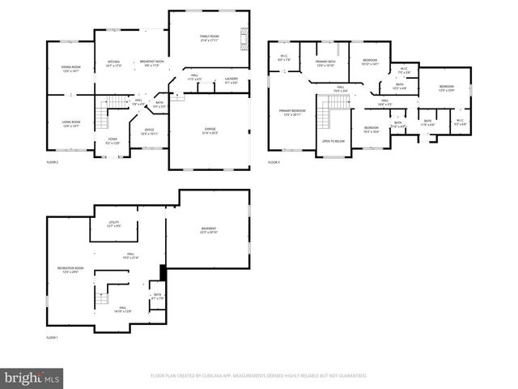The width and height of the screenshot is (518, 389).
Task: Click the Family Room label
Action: (x=210, y=38)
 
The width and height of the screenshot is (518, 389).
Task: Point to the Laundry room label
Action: (x=231, y=80)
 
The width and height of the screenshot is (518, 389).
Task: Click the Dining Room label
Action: (x=70, y=70)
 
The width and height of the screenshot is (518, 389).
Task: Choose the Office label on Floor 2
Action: (x=150, y=131)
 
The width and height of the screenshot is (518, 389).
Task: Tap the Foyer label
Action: (x=113, y=141)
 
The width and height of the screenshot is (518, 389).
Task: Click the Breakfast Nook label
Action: (x=152, y=63)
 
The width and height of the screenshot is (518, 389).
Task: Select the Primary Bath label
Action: (x=325, y=63)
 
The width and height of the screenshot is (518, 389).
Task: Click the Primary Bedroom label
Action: (x=292, y=113)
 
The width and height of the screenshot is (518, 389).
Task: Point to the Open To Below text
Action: (x=333, y=141)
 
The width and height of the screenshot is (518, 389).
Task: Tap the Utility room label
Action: (x=114, y=224)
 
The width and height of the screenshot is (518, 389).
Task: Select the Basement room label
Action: (x=209, y=231)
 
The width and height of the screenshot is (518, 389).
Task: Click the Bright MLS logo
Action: (x=32, y=378)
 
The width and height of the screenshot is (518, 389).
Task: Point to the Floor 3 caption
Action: (x=274, y=162)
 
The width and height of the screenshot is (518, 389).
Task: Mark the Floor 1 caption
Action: (x=52, y=337)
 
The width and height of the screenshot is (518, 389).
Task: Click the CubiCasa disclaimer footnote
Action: (x=259, y=376)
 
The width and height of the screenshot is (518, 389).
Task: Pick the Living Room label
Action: (x=70, y=125)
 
